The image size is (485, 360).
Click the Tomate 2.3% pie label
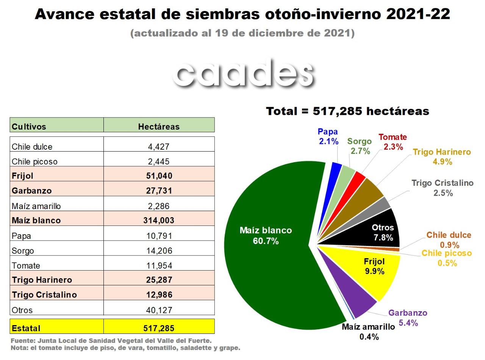pos(393,142)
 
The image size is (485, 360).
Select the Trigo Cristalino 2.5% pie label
pos(442,188)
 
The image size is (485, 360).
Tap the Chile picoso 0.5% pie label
pos(447,258)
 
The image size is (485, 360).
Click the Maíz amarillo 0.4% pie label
pos(368,332)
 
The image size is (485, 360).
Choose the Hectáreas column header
pos(159,127)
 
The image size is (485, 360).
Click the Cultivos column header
pos(29,127)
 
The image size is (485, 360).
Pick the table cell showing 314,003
pos(159,220)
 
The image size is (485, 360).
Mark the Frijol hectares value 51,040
pos(159,176)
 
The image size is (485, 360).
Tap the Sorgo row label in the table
pos(23,250)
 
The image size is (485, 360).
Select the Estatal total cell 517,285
pos(159,328)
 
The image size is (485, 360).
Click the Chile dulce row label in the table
pos(32,147)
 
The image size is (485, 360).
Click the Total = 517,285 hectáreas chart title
pos(347,111)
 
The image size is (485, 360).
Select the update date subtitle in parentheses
pos(242,33)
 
